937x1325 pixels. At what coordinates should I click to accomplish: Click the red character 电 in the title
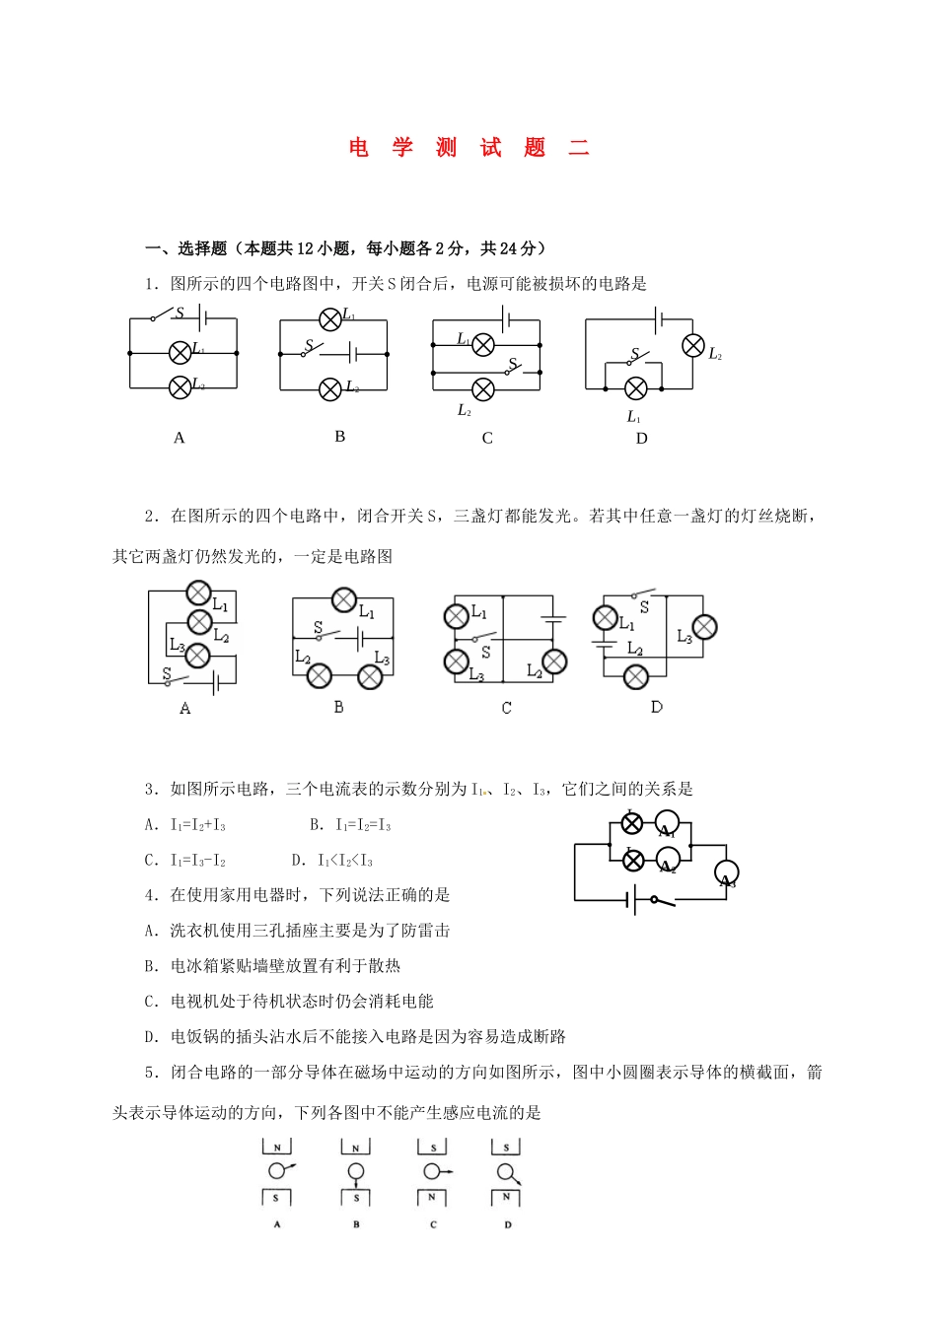358,148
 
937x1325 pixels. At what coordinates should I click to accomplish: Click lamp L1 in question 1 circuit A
180,352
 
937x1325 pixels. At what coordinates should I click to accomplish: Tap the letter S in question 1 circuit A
180,313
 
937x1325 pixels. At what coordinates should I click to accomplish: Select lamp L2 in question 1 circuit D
693,345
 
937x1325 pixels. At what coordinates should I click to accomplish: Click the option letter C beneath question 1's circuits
487,439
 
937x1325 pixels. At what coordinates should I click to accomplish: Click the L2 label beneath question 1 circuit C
465,411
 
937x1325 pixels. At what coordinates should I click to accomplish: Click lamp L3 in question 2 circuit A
198,655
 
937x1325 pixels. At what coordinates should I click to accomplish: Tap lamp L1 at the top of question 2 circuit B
343,599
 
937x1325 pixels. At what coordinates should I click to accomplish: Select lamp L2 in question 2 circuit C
554,661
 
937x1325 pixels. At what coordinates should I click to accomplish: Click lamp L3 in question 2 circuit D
704,627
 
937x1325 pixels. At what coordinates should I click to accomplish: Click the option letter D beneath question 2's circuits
657,707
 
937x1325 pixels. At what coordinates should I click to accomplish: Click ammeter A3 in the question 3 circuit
727,873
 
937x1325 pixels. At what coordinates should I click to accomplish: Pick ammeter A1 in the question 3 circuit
668,825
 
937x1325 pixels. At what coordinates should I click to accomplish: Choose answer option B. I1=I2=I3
350,825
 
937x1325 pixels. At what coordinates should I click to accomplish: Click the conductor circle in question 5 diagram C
432,1171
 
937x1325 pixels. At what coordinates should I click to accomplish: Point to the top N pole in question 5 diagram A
277,1148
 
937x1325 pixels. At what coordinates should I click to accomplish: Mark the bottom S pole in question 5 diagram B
356,1198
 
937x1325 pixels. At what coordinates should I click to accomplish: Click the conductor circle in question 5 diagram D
505,1171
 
